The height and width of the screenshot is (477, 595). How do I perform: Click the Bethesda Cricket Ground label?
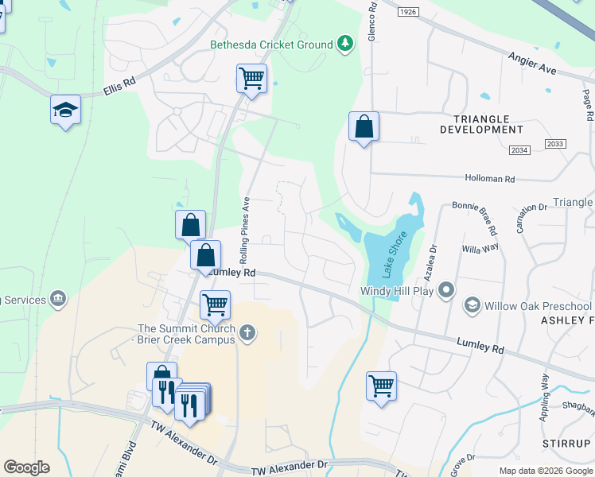pos(271,45)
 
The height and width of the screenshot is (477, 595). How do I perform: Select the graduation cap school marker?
pos(66,111)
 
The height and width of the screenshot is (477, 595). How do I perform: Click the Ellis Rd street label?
pos(120,87)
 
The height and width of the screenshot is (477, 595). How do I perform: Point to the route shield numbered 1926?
pos(408,11)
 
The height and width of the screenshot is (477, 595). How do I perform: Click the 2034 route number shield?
pos(519,150)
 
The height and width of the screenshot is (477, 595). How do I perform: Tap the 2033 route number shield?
pos(555,143)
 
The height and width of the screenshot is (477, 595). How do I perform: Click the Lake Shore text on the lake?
pos(391,254)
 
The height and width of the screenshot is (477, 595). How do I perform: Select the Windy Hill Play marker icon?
pos(446,290)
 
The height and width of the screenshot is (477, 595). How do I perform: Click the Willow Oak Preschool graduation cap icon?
pos(472,306)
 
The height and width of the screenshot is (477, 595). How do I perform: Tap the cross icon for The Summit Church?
pos(248,332)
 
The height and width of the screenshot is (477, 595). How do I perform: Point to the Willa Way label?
pos(480,247)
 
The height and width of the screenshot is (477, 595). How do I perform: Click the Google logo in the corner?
pos(26,467)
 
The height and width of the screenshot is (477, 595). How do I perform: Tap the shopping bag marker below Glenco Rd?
pos(364,127)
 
